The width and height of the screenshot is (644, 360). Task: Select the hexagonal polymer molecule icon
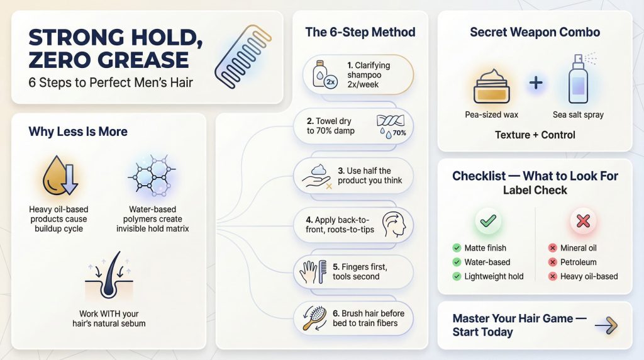point(152,177)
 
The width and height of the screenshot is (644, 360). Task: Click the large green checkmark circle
point(488,221)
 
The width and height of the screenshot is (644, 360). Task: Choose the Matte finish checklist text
point(485,248)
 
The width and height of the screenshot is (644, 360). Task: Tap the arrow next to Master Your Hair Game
point(606,325)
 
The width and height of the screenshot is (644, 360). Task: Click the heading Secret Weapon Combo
point(535,32)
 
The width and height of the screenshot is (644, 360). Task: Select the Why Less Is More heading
point(78,132)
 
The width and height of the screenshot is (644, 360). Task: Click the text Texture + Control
point(535,135)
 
